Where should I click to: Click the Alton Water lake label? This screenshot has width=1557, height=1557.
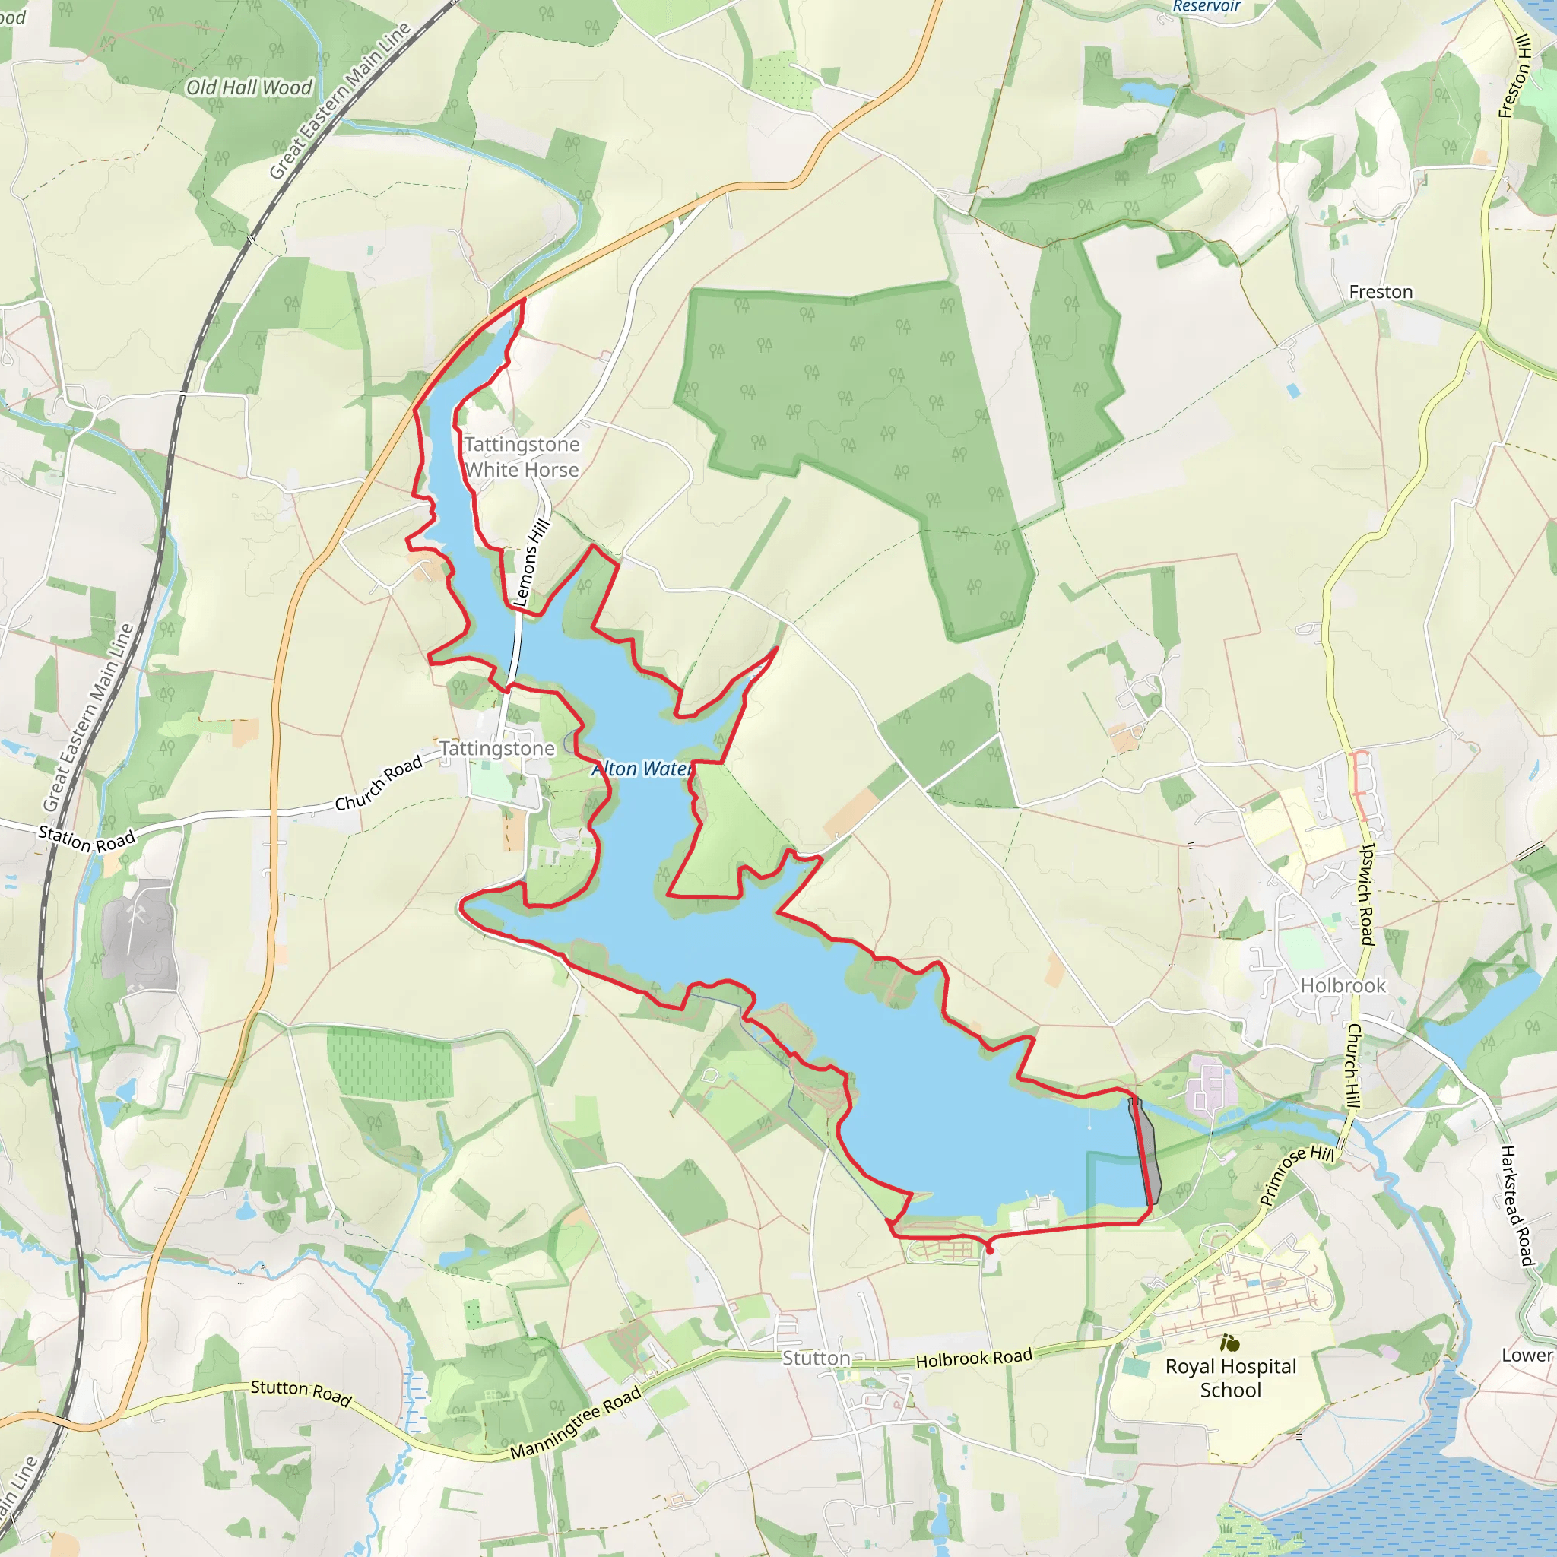click(642, 769)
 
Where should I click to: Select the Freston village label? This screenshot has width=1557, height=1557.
click(1381, 292)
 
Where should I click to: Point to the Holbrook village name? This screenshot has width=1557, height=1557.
click(1343, 985)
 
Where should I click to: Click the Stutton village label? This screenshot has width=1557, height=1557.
click(816, 1358)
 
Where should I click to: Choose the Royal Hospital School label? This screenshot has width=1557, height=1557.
click(1231, 1378)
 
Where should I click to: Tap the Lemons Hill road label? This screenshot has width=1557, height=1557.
click(531, 563)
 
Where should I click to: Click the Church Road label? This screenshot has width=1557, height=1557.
click(379, 782)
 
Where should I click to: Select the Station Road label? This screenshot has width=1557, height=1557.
click(87, 839)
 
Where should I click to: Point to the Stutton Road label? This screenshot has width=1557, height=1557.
click(301, 1393)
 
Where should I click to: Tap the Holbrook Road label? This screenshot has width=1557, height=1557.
click(974, 1359)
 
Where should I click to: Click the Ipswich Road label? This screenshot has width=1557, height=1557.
click(1366, 894)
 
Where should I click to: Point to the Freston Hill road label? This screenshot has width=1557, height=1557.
click(1514, 77)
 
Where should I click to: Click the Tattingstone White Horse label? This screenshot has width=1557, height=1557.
click(522, 457)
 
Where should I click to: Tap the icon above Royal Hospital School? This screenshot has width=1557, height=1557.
click(1230, 1343)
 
